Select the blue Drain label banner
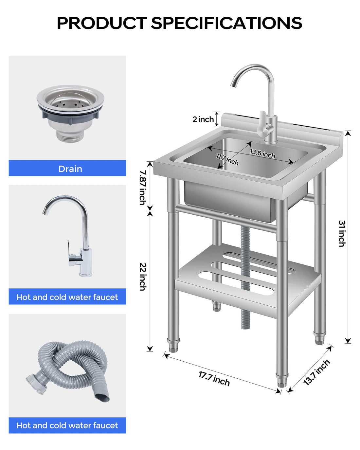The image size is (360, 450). pyautogui.click(x=67, y=168)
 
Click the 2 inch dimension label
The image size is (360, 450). pyautogui.click(x=203, y=119)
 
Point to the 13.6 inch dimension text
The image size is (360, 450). pyautogui.click(x=262, y=153)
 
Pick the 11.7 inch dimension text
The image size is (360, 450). pyautogui.click(x=227, y=159)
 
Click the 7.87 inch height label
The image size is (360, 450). pyautogui.click(x=143, y=187)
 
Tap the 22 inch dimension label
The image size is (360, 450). pyautogui.click(x=143, y=277)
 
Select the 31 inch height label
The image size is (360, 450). pyautogui.click(x=342, y=233)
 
